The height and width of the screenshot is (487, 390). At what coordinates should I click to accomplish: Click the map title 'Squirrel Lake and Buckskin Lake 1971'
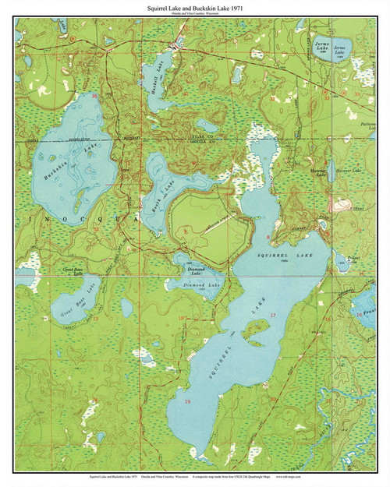click(195, 5)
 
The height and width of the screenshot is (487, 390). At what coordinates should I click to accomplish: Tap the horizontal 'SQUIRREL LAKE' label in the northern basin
click(277, 255)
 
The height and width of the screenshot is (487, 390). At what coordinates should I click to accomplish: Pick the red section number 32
click(272, 99)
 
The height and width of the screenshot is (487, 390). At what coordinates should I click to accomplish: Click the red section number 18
click(181, 318)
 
